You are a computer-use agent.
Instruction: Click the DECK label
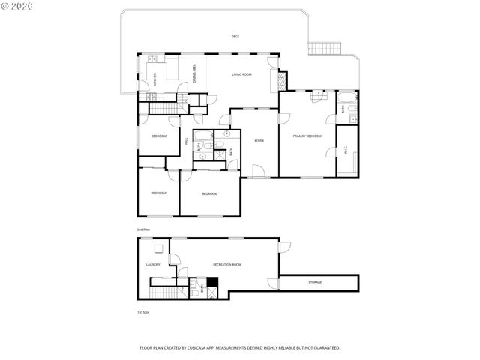(235, 37)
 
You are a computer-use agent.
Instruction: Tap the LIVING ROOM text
(241, 75)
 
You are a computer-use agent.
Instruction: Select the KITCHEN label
(155, 77)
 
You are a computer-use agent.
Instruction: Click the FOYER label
(259, 140)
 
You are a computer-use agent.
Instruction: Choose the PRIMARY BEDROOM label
(307, 136)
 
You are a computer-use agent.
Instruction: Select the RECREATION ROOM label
(226, 264)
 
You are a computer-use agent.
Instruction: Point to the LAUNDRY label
(153, 264)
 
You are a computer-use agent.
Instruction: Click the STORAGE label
(315, 282)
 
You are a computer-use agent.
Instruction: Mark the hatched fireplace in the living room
(282, 80)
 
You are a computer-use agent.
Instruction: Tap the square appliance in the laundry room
(159, 250)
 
